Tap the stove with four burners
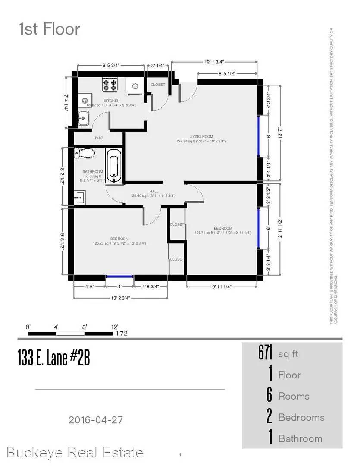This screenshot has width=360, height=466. click(110, 85)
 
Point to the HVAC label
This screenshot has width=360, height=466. click(98, 138)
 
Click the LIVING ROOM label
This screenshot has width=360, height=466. click(201, 136)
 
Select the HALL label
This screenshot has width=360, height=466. click(154, 191)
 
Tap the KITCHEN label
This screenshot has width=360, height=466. click(111, 101)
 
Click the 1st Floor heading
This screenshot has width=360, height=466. click(49, 29)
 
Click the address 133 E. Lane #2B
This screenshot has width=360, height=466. click(54, 358)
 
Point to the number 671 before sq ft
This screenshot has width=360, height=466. click(266, 354)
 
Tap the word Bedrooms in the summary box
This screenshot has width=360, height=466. click(301, 417)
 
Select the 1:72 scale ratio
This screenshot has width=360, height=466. click(122, 334)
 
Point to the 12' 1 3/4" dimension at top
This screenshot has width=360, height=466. click(214, 62)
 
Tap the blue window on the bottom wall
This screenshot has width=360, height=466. click(119, 277)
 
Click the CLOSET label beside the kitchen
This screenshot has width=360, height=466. click(157, 85)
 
